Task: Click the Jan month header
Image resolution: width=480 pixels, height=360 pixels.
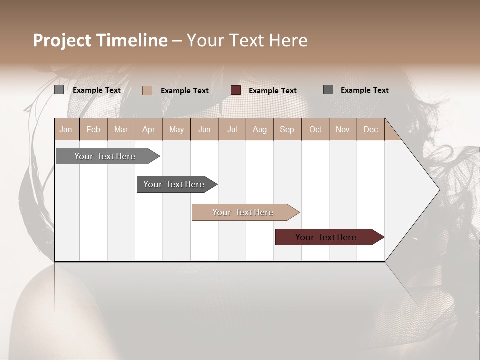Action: [x=66, y=129]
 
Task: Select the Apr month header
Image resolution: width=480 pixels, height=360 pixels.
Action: [x=149, y=129]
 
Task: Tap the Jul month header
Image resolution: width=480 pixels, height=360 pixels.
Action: [x=232, y=129]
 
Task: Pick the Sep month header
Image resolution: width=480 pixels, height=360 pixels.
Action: [x=287, y=129]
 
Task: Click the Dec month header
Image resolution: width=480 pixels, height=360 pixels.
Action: [x=370, y=129]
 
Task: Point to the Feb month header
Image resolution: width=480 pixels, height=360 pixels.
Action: [x=93, y=129]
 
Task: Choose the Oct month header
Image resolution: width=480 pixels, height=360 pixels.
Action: [x=315, y=129]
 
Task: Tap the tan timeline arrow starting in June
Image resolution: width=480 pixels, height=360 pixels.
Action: [x=244, y=212]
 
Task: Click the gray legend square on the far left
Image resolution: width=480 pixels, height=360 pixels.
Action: [x=59, y=90]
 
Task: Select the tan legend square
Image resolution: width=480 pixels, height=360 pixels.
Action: [x=147, y=90]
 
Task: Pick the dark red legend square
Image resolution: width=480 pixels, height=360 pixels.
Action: [x=236, y=90]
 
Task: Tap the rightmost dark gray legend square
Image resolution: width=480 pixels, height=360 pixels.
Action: [x=328, y=90]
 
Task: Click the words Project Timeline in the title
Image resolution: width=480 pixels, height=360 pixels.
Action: [x=100, y=40]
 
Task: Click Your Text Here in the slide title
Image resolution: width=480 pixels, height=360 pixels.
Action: [x=247, y=40]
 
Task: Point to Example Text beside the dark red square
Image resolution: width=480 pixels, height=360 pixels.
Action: [x=273, y=90]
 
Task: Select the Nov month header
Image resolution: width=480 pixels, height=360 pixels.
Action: [x=343, y=129]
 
